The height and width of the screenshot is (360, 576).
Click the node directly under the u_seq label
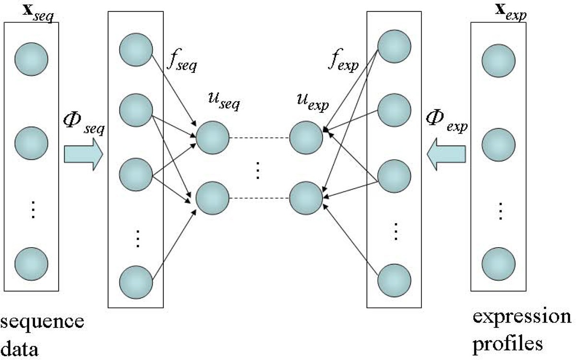(x=212, y=138)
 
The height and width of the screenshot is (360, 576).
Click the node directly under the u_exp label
(x=306, y=138)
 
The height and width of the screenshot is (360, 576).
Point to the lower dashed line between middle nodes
(x=259, y=198)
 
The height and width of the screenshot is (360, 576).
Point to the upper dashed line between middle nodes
(x=259, y=138)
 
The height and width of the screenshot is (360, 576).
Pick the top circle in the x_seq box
(x=31, y=59)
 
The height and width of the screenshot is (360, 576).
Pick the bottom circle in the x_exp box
(x=499, y=264)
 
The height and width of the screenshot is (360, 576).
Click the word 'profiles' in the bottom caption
(x=508, y=343)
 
